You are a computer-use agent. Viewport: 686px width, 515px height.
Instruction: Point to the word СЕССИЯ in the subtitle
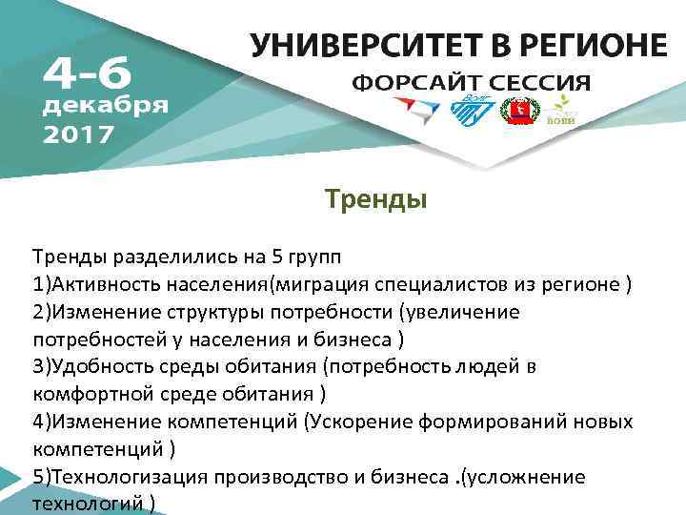point(535,81)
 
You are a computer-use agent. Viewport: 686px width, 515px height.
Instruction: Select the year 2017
point(79,134)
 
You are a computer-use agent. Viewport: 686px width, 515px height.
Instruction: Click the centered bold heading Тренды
point(375,201)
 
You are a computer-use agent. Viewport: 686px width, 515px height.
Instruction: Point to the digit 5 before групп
point(255,257)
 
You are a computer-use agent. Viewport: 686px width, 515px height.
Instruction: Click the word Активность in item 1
point(103,285)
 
